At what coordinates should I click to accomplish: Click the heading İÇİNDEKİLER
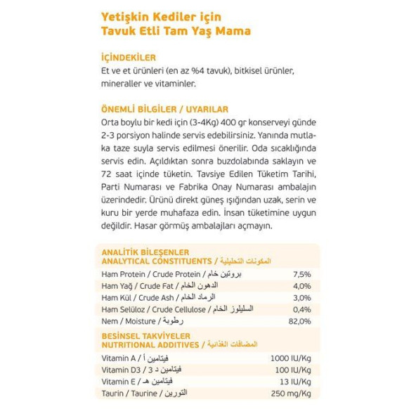[x=129, y=58]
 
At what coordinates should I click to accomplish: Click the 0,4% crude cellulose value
[x=301, y=309]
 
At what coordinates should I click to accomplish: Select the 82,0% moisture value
[x=299, y=321]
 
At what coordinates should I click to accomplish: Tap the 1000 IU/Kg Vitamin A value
[x=290, y=358]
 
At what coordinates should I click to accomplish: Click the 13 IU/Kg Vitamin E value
[x=294, y=382]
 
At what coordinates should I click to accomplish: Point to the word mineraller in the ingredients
[x=125, y=84]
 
